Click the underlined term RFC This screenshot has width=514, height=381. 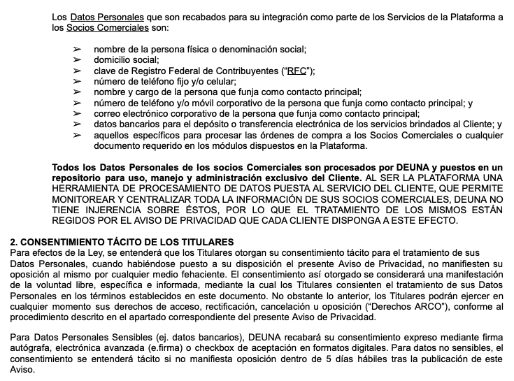(x=296, y=71)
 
